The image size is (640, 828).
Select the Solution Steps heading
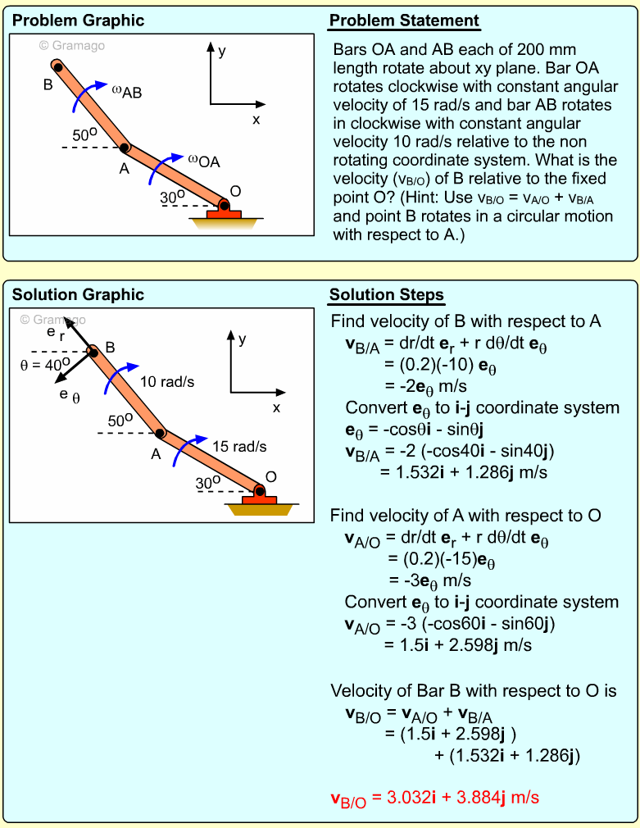387,295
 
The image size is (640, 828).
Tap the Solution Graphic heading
78,295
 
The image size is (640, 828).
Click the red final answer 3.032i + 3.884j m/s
434,797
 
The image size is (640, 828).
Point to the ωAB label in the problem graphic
127,91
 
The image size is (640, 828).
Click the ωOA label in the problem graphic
204,160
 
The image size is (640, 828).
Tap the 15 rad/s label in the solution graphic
239,447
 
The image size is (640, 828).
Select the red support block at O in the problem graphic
224,214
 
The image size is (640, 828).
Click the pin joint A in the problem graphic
125,148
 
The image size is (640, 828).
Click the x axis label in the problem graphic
256,119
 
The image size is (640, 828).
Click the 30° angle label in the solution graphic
208,484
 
